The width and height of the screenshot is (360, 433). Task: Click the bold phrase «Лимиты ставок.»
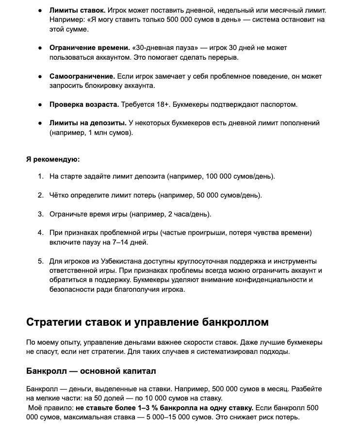[x=77, y=10]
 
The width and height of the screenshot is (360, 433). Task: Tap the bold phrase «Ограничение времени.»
[x=90, y=48]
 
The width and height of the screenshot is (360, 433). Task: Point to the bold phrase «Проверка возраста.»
[x=84, y=104]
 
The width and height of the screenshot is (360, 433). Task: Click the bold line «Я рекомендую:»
[x=53, y=159]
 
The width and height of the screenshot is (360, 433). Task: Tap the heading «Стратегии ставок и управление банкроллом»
[x=147, y=322]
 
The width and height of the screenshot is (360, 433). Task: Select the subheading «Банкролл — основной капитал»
[x=91, y=371]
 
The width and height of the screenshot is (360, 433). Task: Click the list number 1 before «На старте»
[x=41, y=176]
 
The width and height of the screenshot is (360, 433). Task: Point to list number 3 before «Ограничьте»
[x=41, y=214]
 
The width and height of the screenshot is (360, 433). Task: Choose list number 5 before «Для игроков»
[x=41, y=262]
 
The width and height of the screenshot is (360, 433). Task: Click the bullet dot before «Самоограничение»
[x=40, y=77]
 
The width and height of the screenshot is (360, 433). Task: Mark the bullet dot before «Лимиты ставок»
[x=40, y=11]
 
